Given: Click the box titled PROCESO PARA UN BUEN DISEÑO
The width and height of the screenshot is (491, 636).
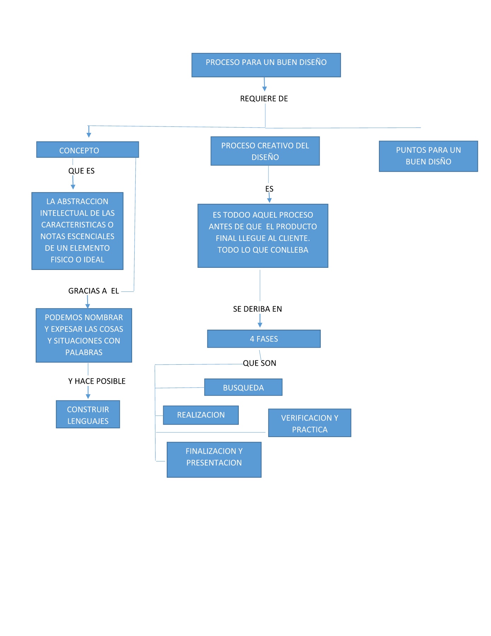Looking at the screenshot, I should click(x=266, y=65).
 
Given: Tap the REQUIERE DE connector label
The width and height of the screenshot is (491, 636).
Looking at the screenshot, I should click(x=264, y=99).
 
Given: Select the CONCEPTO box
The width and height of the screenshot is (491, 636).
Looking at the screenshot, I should click(x=88, y=150).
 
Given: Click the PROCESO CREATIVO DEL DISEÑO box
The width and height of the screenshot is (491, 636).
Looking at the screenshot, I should click(x=265, y=151).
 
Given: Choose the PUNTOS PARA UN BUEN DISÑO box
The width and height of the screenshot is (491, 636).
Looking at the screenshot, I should click(x=428, y=156).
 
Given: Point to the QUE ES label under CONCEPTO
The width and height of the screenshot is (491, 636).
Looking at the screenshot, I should click(x=81, y=171).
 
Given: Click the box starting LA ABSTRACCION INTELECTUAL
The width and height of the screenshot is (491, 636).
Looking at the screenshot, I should click(x=77, y=231).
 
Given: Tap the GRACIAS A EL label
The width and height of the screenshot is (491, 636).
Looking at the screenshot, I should click(x=93, y=291).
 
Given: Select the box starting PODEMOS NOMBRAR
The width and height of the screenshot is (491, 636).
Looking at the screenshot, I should click(x=84, y=335).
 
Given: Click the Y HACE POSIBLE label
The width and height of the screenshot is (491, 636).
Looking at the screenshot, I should click(x=97, y=381).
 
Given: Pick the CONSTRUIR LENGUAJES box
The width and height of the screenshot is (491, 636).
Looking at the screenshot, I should click(x=88, y=414).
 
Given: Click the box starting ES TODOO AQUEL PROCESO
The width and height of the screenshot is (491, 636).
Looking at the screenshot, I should click(x=263, y=235).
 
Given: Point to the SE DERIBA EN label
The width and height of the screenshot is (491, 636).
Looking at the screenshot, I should click(x=258, y=309).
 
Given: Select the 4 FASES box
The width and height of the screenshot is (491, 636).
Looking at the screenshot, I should click(x=264, y=339).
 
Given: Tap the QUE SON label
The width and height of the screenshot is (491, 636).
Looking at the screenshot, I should click(x=260, y=363).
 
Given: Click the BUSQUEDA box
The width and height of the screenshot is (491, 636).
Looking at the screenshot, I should click(x=243, y=387).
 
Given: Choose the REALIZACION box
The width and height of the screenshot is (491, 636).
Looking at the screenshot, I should click(x=201, y=415).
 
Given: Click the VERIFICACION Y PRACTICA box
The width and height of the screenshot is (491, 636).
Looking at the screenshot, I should click(x=309, y=423).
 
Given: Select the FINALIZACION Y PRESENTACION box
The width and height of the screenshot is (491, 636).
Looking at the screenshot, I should click(x=214, y=459).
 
